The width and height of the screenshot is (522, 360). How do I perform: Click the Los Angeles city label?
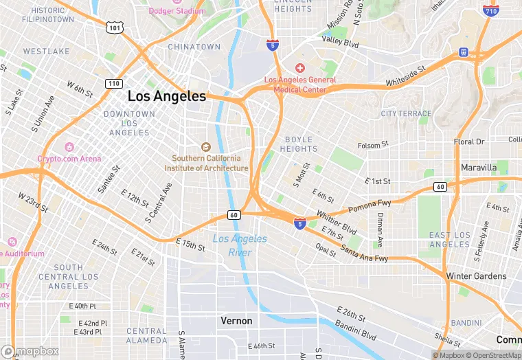pyautogui.click(x=166, y=96)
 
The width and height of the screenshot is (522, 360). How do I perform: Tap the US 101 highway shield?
pyautogui.click(x=114, y=27)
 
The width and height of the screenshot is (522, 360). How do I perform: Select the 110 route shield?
pyautogui.click(x=114, y=83)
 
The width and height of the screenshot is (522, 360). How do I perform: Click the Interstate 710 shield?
pyautogui.click(x=490, y=11)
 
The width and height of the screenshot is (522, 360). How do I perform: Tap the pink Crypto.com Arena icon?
pyautogui.click(x=69, y=147)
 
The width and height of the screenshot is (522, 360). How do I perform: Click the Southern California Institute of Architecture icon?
pyautogui.click(x=205, y=147)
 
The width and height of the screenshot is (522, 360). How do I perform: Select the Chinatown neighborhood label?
pyautogui.click(x=194, y=47)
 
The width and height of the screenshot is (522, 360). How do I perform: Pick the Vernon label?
pyautogui.click(x=236, y=321)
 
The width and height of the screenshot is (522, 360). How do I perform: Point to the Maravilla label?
pyautogui.click(x=479, y=168)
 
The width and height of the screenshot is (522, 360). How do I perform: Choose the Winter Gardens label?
pyautogui.click(x=476, y=276)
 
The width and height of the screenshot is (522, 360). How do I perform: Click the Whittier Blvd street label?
pyautogui.click(x=336, y=222)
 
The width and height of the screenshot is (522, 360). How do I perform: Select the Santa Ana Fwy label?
pyautogui.click(x=364, y=254)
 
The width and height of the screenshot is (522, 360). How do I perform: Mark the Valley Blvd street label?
pyautogui.click(x=341, y=43)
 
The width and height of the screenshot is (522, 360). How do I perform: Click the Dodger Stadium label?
pyautogui.click(x=177, y=11)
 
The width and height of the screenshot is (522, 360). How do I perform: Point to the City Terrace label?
pyautogui.click(x=406, y=113)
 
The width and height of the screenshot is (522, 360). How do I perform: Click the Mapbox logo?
pyautogui.click(x=30, y=351)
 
